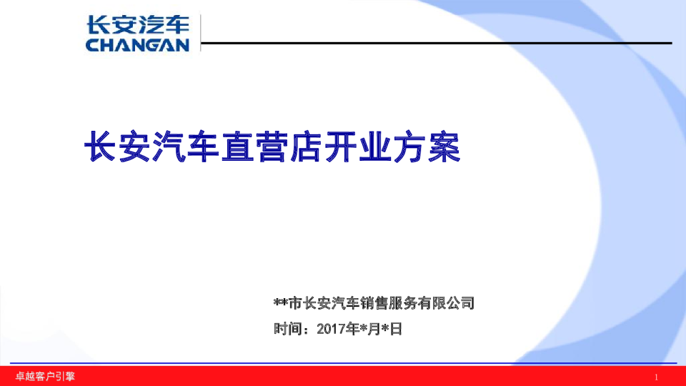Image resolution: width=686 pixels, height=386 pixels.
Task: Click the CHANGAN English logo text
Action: (x=138, y=45)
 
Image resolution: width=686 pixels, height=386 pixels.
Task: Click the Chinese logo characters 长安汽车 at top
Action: (x=138, y=25)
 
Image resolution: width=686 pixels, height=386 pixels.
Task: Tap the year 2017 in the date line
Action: (x=331, y=330)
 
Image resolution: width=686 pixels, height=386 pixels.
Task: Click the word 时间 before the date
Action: (x=287, y=330)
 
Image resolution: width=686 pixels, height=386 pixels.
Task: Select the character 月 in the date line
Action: (x=376, y=330)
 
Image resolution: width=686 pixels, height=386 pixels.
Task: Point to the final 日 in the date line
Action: (x=397, y=330)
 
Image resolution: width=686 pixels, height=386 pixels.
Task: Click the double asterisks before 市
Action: (x=280, y=303)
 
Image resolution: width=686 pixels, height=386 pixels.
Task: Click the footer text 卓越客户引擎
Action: (x=46, y=376)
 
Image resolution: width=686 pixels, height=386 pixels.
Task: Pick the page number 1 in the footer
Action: (x=657, y=377)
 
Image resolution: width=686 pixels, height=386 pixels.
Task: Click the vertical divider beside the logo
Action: (x=200, y=34)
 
